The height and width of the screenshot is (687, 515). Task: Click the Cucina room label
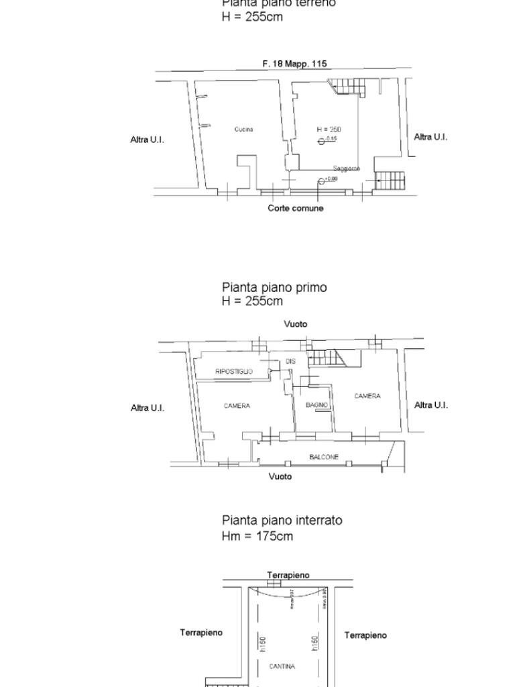[243, 129]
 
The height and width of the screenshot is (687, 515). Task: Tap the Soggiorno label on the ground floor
[347, 168]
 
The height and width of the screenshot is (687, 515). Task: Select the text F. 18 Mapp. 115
[294, 64]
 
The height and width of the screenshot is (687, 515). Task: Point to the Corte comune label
[295, 209]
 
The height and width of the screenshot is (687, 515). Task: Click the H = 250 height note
[329, 129]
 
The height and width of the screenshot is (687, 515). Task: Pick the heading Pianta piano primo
[274, 287]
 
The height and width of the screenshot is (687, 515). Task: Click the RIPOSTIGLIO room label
[233, 372]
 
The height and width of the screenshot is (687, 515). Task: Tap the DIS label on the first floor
[290, 362]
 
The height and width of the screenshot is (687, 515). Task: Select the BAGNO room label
[317, 405]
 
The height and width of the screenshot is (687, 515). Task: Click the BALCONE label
[324, 457]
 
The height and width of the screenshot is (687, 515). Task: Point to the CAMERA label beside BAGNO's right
[367, 397]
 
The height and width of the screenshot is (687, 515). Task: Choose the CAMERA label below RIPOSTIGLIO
[237, 406]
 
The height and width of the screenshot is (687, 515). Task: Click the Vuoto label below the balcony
[280, 476]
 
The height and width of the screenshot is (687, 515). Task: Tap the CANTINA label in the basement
[282, 667]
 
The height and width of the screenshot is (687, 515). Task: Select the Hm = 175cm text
[257, 536]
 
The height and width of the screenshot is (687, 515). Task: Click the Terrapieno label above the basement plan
[288, 575]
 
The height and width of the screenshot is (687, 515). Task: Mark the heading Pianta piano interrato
[282, 520]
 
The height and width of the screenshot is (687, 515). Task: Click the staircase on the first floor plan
[327, 359]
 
